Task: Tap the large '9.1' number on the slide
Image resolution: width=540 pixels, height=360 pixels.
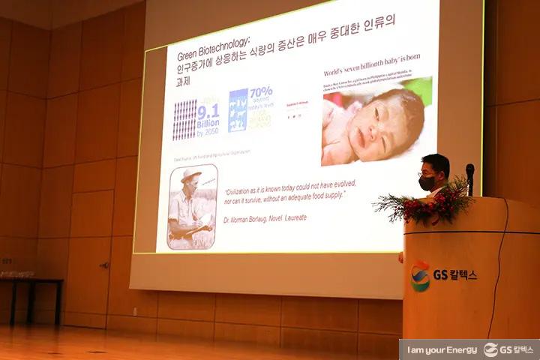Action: point(207,112)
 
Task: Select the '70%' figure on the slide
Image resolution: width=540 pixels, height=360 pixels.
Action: point(260,93)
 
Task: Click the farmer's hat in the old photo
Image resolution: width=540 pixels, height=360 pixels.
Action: point(190,175)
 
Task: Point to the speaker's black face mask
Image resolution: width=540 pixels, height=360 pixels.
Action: point(427,183)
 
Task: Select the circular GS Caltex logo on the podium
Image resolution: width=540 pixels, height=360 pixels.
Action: point(420,276)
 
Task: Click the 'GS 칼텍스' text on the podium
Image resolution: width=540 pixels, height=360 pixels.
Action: point(455,274)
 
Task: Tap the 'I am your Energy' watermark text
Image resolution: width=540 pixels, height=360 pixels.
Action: point(442,349)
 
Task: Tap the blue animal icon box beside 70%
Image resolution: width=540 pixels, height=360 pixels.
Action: point(238,111)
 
